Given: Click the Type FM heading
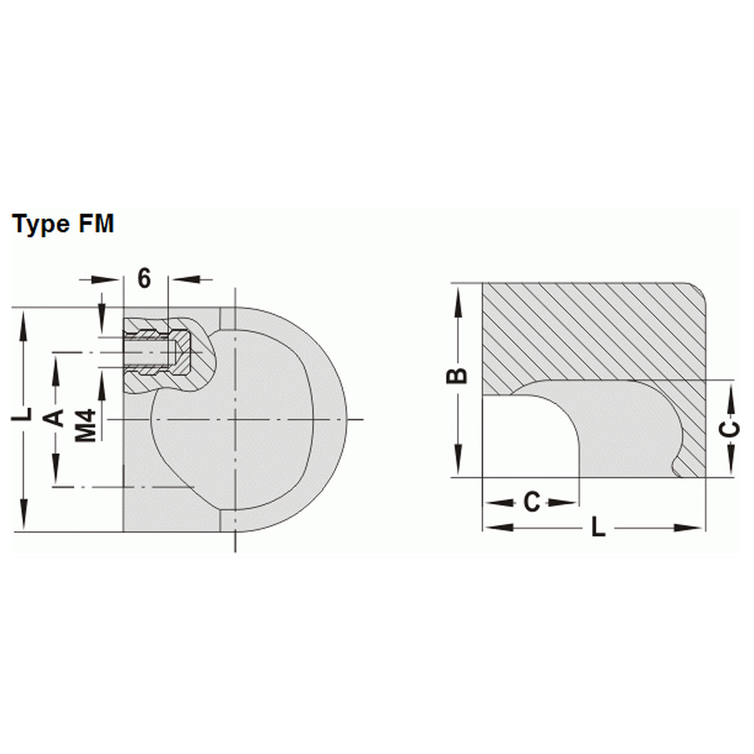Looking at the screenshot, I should [x=63, y=224].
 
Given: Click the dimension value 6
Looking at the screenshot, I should [x=145, y=278].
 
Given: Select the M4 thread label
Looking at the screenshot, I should [x=87, y=425].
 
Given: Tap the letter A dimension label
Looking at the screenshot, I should [x=57, y=417].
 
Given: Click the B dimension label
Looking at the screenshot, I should [x=459, y=375].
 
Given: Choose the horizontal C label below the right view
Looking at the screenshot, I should [x=532, y=503].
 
